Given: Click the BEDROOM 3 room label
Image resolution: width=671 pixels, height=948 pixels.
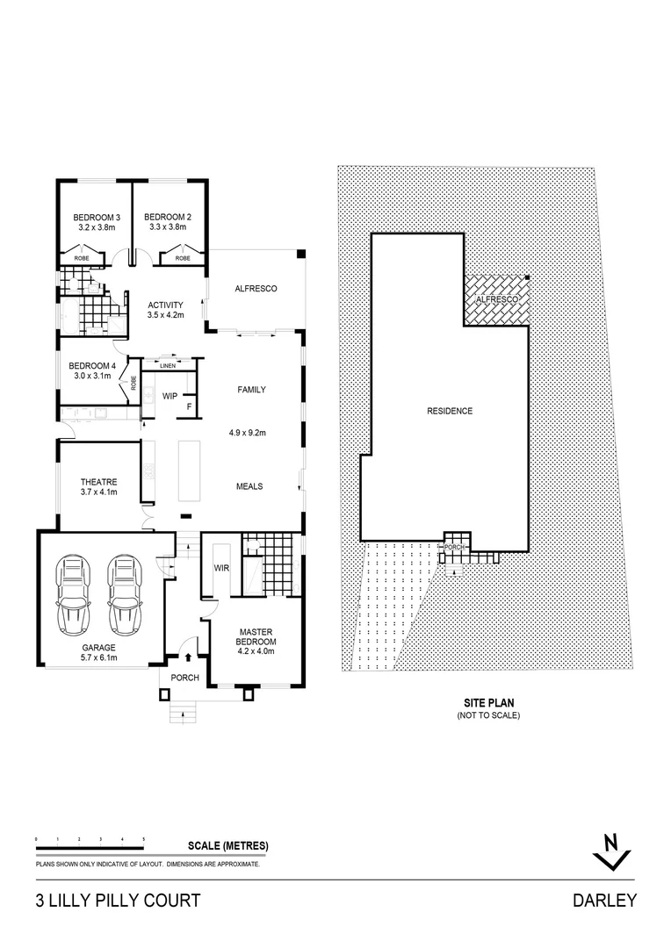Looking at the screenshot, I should click(x=97, y=217).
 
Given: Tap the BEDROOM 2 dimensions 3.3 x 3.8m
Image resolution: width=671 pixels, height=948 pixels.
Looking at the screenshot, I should click(x=168, y=227).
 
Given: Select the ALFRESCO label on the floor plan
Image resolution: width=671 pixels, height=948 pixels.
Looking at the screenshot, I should click(x=256, y=288).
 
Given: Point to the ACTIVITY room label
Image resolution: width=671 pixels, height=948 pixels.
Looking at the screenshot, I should click(x=165, y=304).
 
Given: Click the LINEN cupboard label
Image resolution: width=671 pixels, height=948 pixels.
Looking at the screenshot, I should click(x=167, y=365).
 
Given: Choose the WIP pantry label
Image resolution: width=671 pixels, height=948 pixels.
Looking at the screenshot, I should click(x=170, y=396).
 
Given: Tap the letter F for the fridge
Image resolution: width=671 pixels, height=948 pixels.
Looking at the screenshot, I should click(x=188, y=406).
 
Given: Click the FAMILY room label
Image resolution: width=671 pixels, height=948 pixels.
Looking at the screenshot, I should click(x=251, y=390).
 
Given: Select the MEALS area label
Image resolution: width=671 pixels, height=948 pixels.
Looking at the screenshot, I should click(x=249, y=486).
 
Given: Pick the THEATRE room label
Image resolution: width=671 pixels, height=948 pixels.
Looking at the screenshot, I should click(x=98, y=482).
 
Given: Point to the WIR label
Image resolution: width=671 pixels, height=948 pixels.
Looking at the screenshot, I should click(x=221, y=568).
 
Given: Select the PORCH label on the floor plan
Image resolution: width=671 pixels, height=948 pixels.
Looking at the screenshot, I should click(x=184, y=678).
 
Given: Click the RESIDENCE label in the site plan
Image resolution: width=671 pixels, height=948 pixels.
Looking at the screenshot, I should click(x=450, y=411).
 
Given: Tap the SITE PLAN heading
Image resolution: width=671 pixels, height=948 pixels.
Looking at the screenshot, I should click(x=488, y=703).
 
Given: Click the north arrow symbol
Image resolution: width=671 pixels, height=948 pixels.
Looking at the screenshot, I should click(x=612, y=851).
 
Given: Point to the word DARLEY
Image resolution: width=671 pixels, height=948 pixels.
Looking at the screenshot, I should click(x=604, y=901).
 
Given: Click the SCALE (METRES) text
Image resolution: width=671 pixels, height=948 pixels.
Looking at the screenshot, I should click(x=228, y=846).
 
